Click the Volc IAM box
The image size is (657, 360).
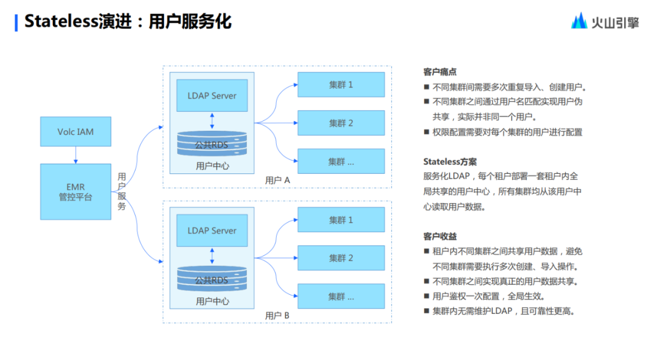75,131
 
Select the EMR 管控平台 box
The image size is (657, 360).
75,192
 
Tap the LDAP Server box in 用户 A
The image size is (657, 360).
212,95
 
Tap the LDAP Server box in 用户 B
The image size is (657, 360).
212,230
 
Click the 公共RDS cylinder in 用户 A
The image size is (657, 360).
212,145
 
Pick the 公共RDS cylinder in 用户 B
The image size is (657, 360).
212,280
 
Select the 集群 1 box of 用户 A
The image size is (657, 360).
341,85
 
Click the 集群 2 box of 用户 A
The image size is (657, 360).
341,123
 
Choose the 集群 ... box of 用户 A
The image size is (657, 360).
341,161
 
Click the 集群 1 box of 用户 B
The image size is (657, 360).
341,220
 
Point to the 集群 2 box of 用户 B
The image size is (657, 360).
341,258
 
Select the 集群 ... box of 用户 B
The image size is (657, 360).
341,296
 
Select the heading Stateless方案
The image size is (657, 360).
450,162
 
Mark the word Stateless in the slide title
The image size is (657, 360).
61,22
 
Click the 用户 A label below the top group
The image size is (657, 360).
277,181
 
